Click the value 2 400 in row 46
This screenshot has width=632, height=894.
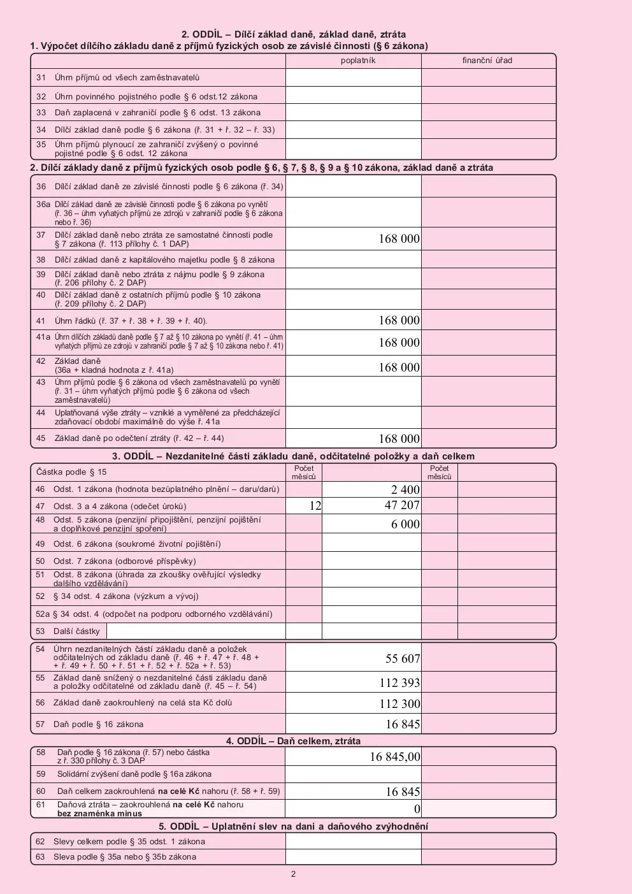(x=405, y=489)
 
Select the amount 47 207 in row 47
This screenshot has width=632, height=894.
(x=402, y=505)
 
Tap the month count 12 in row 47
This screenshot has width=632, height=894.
(x=315, y=506)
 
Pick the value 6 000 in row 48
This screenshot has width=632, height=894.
(x=405, y=524)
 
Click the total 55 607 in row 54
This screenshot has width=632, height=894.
(x=403, y=658)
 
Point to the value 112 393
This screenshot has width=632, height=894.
(x=399, y=682)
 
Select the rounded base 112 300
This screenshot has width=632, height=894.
(x=399, y=703)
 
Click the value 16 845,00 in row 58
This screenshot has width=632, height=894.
(x=395, y=756)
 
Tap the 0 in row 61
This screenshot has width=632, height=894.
(x=417, y=809)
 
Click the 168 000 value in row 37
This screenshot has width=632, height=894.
(x=399, y=239)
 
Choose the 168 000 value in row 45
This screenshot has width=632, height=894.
(x=399, y=438)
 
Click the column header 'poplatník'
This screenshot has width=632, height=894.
(x=358, y=61)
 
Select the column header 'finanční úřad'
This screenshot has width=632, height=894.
(x=487, y=61)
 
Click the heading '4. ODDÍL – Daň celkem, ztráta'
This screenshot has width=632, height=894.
(x=293, y=741)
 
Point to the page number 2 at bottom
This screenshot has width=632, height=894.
(x=293, y=874)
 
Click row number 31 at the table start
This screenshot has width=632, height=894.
(x=41, y=78)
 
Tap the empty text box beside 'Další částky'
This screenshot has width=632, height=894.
(x=196, y=631)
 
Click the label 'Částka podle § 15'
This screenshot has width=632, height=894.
(x=71, y=472)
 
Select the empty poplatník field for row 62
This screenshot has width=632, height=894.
(x=353, y=841)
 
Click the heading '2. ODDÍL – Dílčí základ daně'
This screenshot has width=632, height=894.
(x=294, y=34)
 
